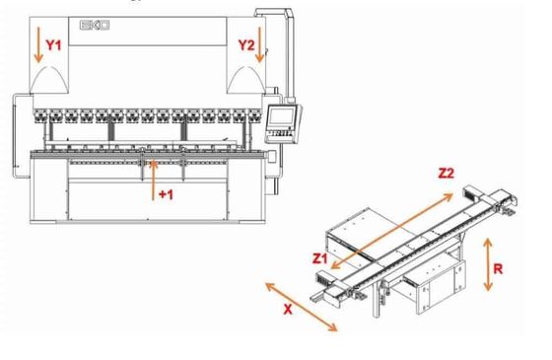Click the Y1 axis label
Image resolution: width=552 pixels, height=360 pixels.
tap(53, 45)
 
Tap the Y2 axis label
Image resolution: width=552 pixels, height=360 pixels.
tap(246, 45)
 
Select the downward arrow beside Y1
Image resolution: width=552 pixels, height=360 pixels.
tap(38, 44)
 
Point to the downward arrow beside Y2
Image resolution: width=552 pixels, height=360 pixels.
tap(260, 44)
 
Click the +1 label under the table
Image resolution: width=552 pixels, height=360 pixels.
tap(166, 194)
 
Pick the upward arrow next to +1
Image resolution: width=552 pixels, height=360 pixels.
tap(153, 180)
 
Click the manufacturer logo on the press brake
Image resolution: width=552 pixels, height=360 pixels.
tap(95, 26)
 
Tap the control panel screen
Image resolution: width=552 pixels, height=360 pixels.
tap(281, 116)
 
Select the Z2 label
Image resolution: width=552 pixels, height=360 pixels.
tap(446, 174)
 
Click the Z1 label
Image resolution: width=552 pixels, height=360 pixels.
tap(320, 258)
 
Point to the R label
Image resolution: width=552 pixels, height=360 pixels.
tap(498, 269)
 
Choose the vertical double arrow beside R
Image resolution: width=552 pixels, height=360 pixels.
tap(488, 264)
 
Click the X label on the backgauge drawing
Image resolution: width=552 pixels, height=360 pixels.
tap(288, 310)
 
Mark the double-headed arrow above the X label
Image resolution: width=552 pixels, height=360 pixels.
tap(302, 307)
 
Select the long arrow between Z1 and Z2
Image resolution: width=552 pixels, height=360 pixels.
tap(392, 231)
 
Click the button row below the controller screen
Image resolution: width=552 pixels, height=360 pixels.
tap(280, 133)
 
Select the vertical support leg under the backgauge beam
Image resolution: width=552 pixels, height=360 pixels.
tap(377, 299)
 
